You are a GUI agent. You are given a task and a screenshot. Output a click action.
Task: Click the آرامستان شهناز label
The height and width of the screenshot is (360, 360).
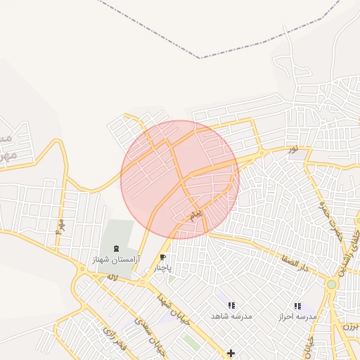[116, 260]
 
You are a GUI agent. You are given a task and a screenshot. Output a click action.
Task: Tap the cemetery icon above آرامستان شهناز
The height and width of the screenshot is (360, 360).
[116, 248]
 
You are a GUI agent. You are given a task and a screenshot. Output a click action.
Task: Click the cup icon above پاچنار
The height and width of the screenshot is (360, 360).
[163, 258]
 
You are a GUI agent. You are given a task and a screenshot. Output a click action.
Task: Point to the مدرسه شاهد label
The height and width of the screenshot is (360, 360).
[231, 316]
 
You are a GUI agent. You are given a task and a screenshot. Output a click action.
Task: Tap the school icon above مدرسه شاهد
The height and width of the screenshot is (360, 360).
[231, 305]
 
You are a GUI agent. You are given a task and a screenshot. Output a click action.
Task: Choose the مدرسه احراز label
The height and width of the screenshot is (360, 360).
[297, 317]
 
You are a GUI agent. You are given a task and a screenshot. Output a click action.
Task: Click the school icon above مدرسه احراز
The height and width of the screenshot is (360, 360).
[297, 306]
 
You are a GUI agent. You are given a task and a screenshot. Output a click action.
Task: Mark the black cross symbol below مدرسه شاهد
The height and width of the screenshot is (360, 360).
[231, 352]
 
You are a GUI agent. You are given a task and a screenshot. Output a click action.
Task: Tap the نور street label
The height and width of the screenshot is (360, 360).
[292, 149]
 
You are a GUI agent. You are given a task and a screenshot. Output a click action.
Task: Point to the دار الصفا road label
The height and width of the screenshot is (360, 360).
[294, 265]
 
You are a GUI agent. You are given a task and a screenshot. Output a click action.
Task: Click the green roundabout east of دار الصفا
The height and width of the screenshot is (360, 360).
[332, 285]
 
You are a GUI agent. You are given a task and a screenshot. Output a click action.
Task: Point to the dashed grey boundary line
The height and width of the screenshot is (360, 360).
[200, 57]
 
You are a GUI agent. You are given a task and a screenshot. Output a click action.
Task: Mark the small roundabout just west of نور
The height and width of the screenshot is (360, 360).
[262, 153]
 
